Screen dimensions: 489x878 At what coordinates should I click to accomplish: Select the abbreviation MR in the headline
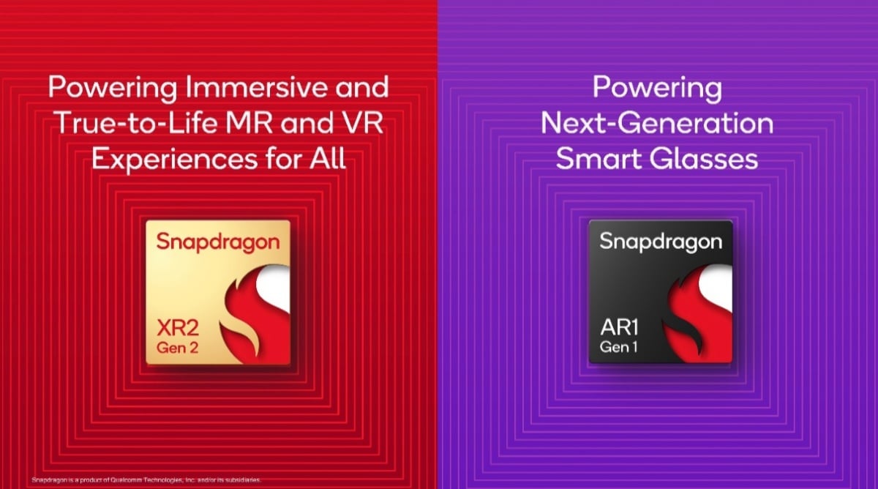tap(257, 123)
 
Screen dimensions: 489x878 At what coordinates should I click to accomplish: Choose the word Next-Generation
tap(656, 123)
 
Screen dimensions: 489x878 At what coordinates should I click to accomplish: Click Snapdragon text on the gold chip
tap(218, 242)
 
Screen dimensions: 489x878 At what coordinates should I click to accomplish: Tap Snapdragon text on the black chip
tap(661, 242)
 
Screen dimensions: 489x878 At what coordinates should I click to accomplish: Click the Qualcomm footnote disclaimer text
tap(146, 480)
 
